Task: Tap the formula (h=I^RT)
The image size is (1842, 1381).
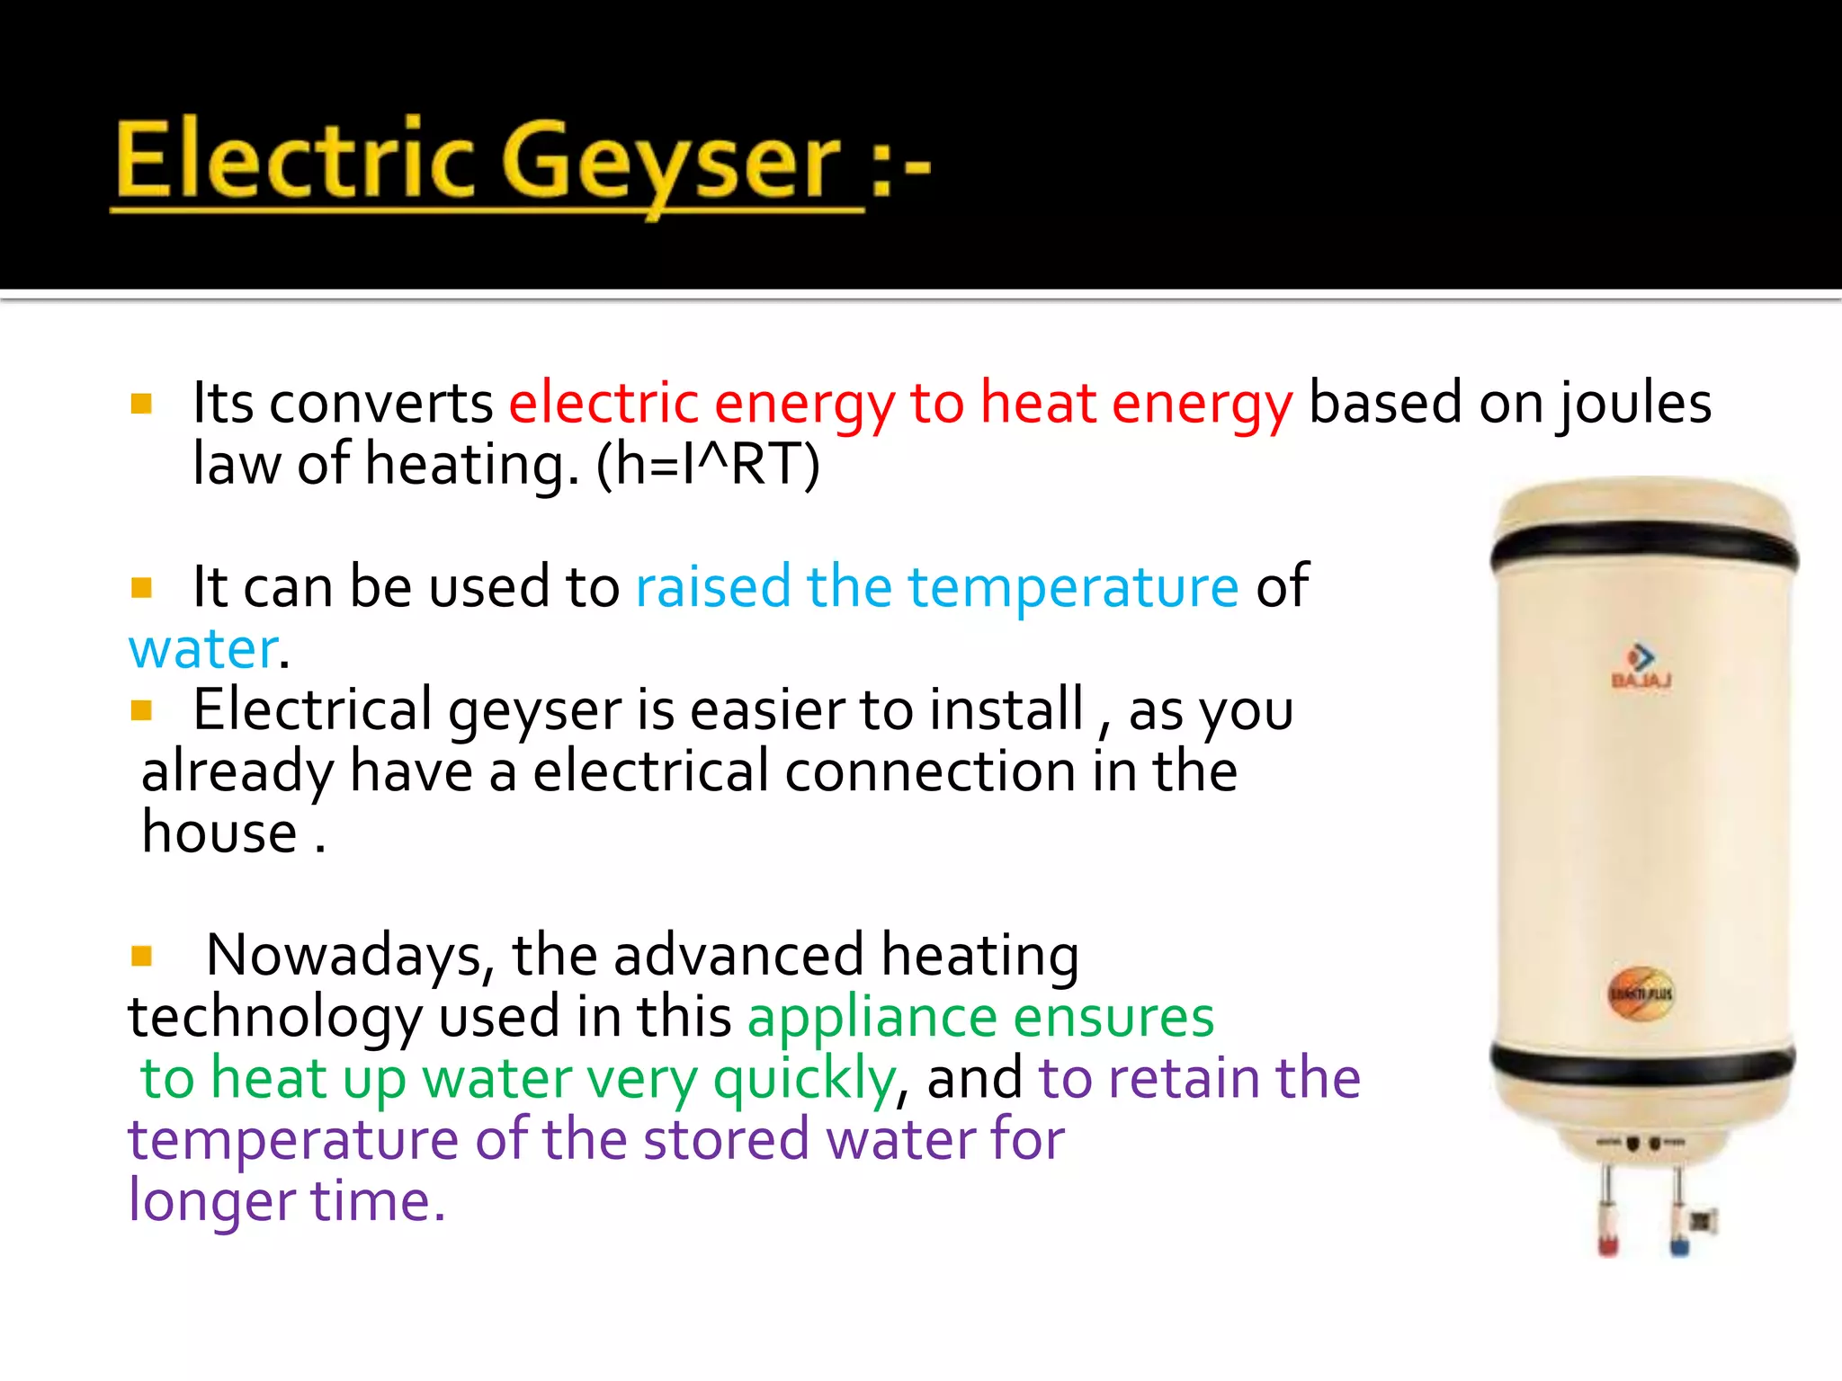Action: pos(708,465)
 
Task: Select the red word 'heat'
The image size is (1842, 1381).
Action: pos(1037,402)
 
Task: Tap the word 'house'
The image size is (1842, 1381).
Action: pos(219,832)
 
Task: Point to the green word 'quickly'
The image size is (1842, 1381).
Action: pos(804,1079)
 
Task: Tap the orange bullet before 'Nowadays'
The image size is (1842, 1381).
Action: pos(141,955)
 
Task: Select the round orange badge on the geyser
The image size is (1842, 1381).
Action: pos(1641,993)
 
